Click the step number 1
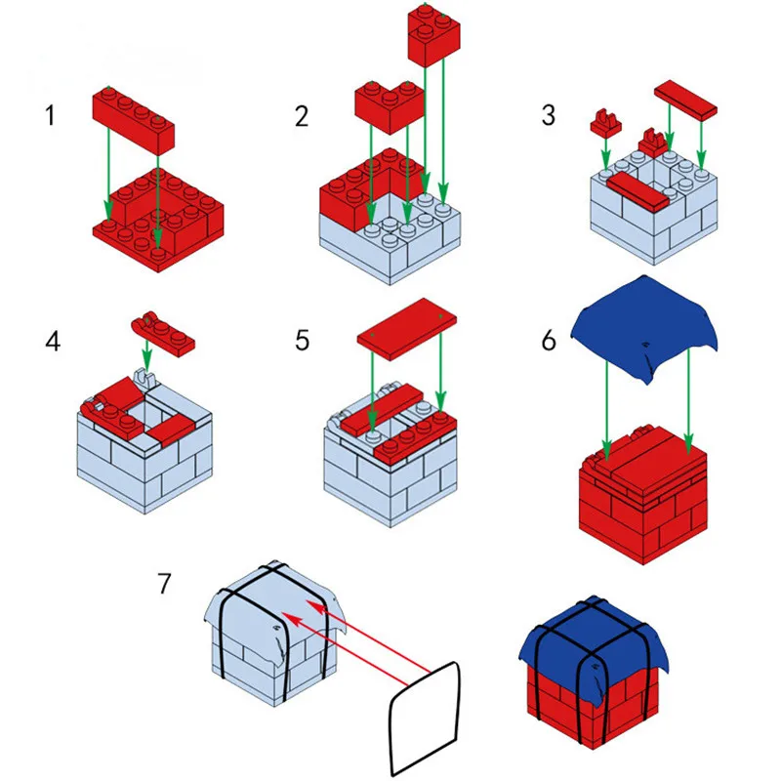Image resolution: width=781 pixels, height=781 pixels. point(50,115)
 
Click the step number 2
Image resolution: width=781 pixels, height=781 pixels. point(302,116)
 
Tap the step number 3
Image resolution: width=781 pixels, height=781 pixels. point(549,115)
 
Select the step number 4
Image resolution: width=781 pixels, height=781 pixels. point(53,342)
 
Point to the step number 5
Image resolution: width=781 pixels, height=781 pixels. point(302,341)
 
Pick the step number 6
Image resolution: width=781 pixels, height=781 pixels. point(549,341)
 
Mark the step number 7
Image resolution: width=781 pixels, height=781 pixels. point(164,583)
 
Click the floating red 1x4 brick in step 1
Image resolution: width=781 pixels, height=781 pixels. point(133,119)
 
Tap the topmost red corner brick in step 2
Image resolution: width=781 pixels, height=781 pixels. point(433,35)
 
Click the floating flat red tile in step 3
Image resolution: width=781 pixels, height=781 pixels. point(686,99)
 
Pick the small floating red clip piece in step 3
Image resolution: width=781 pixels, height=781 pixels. point(605,122)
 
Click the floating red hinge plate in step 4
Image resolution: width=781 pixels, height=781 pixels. point(163,335)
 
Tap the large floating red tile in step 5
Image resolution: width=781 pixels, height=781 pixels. point(406,329)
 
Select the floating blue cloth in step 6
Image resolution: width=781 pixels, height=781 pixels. point(644,326)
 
